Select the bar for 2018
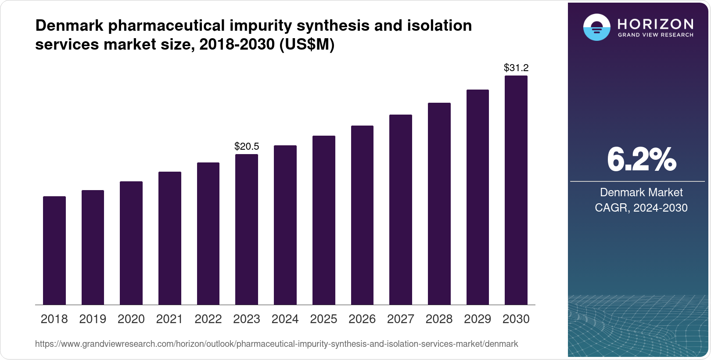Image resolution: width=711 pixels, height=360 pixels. coord(54,250)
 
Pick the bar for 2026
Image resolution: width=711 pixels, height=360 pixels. coord(362,215)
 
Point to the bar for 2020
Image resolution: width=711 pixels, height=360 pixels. coord(131,243)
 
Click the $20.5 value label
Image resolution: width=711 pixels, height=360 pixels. coord(247,146)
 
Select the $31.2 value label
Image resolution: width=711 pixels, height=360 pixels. coord(516,68)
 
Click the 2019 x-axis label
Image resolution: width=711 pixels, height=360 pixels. coord(93,319)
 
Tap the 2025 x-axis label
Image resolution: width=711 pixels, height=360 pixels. coord(323,319)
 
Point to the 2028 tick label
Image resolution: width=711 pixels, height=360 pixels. coord(439,319)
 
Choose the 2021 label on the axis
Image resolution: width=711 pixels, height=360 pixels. coord(169,319)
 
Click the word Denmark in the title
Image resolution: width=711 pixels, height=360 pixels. coord(69,26)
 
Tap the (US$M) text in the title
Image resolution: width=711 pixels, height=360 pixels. coord(307,45)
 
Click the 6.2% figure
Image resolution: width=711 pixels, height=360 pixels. coord(641,160)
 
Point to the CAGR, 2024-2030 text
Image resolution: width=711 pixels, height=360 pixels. coord(641,208)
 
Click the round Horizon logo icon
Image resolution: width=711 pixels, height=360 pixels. coord(596,27)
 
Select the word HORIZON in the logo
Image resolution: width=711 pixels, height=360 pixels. coord(655,24)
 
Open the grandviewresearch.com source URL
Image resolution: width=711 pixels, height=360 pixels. coord(276,344)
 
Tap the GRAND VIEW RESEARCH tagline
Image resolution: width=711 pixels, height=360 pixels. coord(655,35)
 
